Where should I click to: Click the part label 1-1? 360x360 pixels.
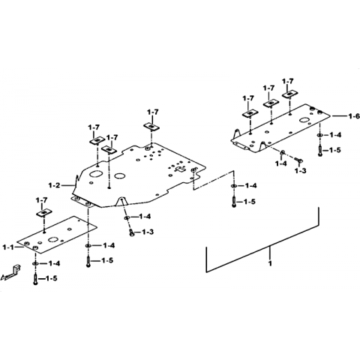coord(9,247)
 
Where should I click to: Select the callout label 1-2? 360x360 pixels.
coord(55,185)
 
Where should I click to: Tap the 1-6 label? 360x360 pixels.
coord(354,116)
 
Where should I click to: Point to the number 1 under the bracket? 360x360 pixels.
coord(270,263)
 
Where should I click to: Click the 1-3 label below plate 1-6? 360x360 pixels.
coord(300,171)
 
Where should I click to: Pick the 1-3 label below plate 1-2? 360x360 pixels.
coord(148,232)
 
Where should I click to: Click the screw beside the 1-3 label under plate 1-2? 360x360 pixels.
coord(132,232)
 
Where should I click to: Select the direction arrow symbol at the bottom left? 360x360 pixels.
coord(10,273)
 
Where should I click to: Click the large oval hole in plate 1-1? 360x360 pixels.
coord(53,240)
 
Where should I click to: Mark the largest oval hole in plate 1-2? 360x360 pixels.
coord(96,174)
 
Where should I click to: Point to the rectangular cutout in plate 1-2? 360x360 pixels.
coord(181,169)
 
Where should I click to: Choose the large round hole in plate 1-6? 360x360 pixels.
coord(304,121)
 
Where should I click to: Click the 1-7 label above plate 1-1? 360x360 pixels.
coord(41,200)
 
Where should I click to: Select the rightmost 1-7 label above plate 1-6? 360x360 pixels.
coord(288,82)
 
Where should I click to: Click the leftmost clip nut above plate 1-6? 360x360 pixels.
coord(250,113)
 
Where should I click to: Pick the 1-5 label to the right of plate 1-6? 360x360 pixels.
coord(334,151)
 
